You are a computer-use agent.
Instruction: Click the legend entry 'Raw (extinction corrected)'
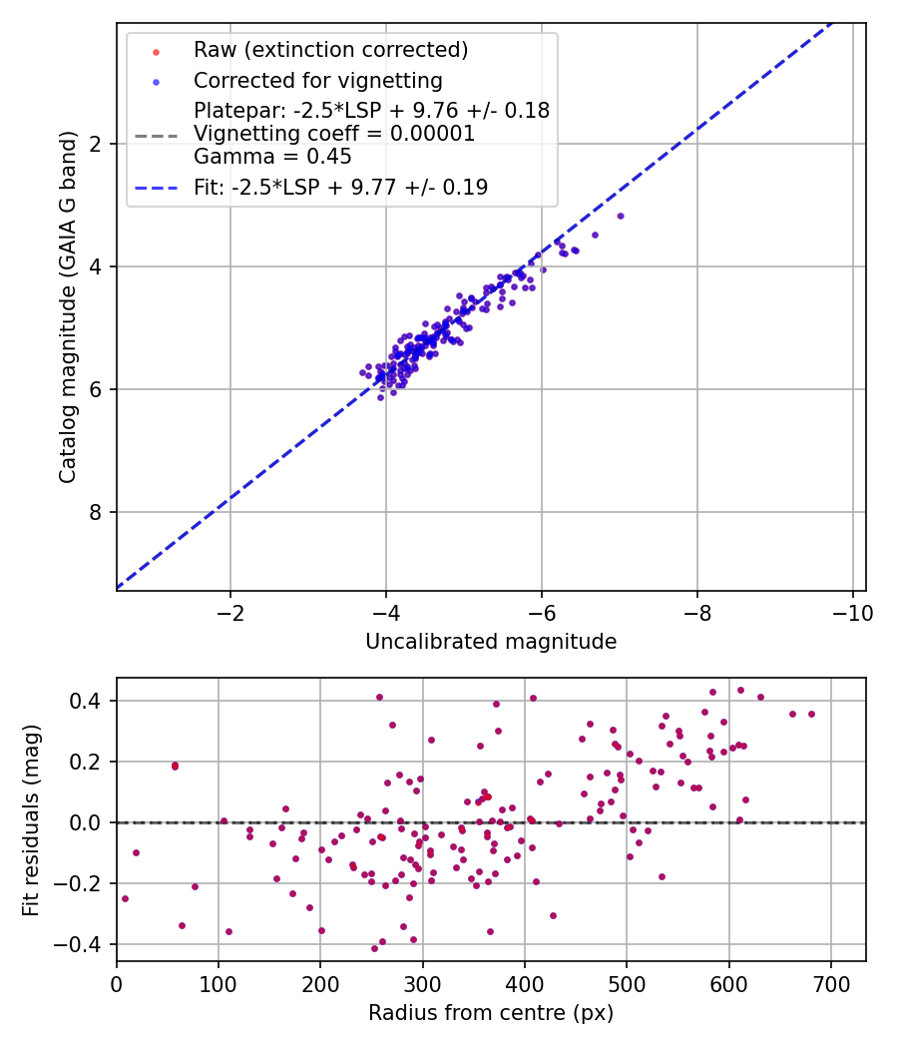(330, 49)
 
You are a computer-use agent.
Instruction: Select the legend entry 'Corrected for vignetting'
(317, 80)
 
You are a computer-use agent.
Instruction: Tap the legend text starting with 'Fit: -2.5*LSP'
(340, 187)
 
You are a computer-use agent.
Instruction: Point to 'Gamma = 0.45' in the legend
(272, 157)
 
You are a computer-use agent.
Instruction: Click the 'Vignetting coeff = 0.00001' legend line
(334, 134)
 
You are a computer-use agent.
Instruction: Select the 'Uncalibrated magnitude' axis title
(491, 642)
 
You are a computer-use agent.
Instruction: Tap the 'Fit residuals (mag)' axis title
(31, 819)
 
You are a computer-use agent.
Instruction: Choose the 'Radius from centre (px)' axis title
(491, 1013)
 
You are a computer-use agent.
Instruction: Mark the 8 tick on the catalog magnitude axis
(97, 512)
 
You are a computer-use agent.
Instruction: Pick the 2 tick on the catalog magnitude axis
(97, 144)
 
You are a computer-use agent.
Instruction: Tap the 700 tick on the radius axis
(831, 984)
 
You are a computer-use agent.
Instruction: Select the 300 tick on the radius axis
(422, 984)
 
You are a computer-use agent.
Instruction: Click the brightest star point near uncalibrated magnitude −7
(621, 216)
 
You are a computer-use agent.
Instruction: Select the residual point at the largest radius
(811, 714)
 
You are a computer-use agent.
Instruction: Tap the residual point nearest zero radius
(125, 898)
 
